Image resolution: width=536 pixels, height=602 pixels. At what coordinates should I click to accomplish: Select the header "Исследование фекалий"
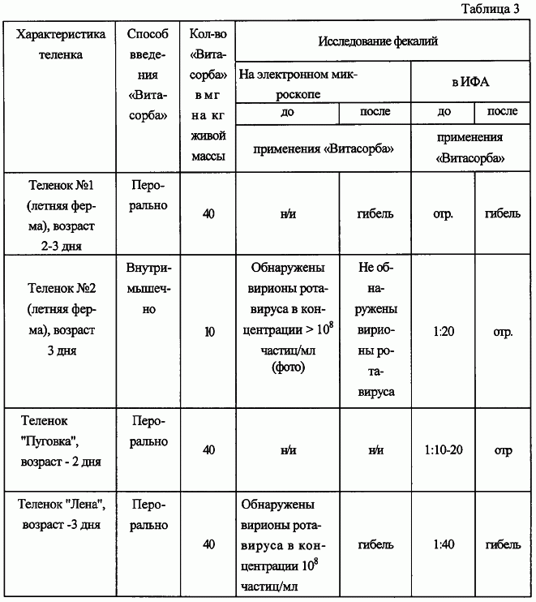pos(378,41)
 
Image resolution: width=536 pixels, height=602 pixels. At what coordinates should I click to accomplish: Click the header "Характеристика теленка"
pos(61,46)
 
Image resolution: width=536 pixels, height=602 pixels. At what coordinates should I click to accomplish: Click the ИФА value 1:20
pos(443,331)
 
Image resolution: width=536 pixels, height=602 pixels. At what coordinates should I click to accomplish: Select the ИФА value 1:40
pos(443,544)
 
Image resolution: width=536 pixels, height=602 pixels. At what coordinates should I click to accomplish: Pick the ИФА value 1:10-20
pos(443,450)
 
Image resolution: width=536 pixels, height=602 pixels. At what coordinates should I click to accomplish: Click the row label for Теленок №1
pos(61,213)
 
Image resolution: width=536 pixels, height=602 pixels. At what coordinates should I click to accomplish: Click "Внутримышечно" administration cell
pos(148,289)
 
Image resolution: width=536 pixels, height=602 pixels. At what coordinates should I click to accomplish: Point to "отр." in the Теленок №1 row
pos(443,215)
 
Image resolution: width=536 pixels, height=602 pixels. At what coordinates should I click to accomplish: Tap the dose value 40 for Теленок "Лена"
pos(209,544)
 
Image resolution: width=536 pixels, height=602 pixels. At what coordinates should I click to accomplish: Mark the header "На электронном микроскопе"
pos(298,83)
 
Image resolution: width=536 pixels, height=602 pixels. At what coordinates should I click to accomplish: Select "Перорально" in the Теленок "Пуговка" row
pos(148,432)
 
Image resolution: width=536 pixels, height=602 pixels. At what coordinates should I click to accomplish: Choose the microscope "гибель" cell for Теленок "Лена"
pos(375,544)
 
